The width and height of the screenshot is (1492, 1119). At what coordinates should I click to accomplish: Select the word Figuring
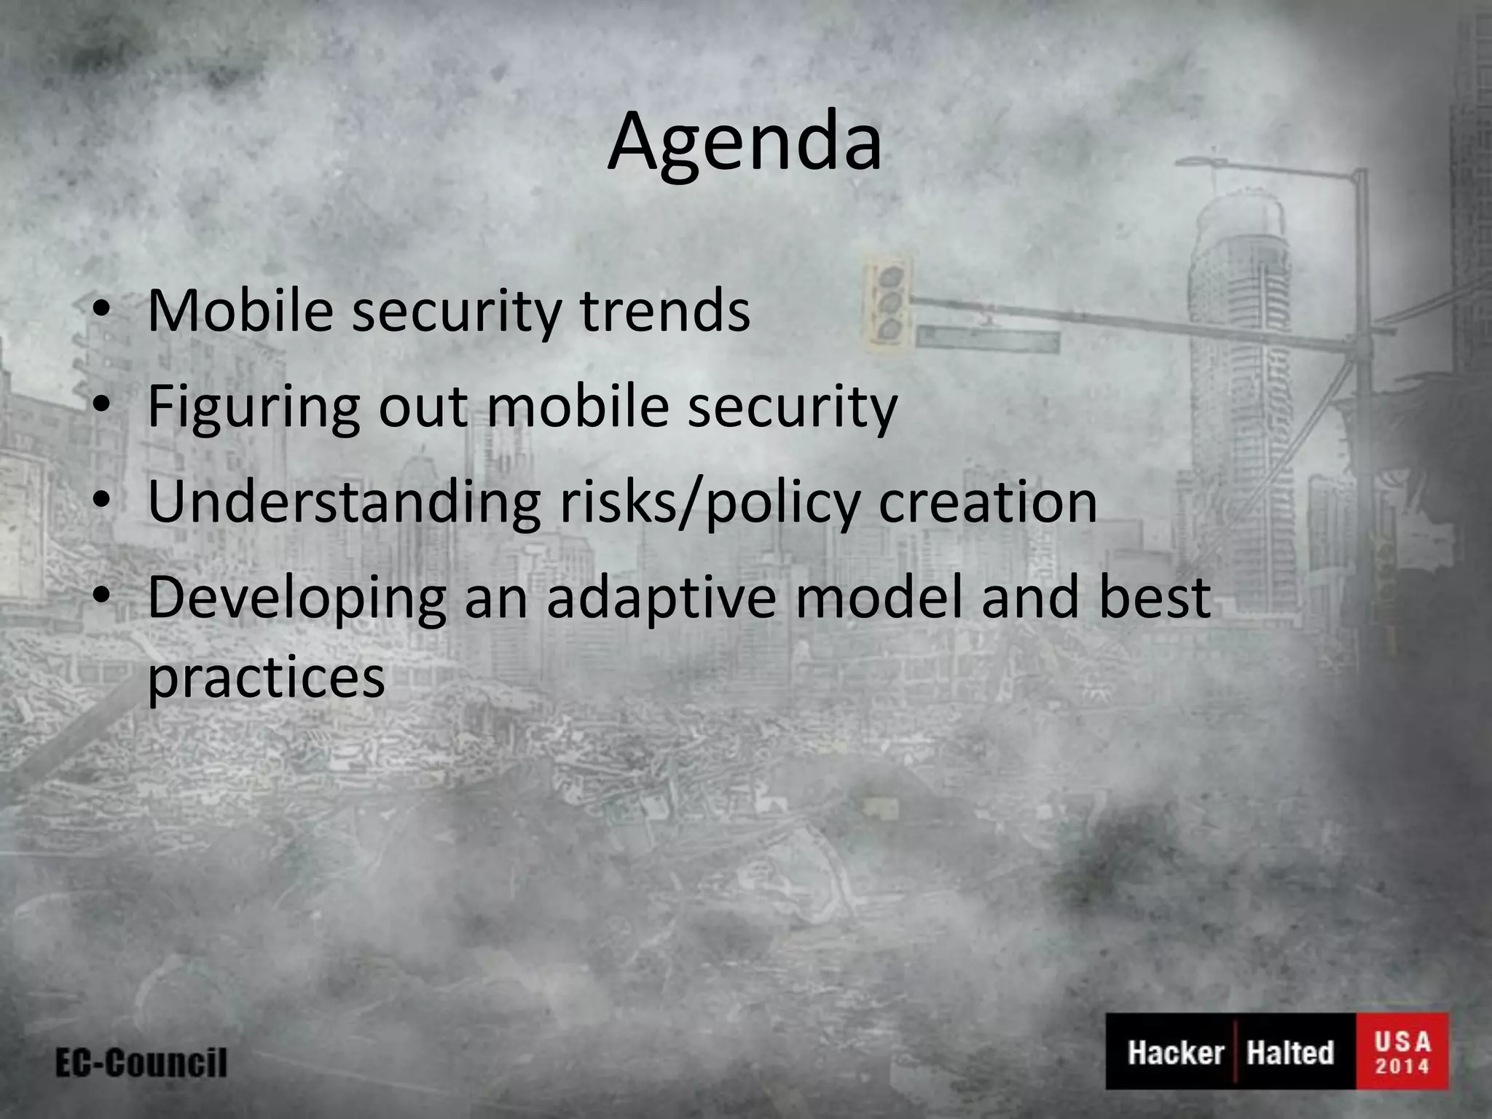[253, 407]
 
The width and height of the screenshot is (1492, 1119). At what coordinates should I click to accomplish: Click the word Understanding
[343, 503]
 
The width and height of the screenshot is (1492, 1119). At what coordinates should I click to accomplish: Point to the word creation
[987, 503]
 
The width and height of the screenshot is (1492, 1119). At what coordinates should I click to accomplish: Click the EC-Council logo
[141, 1063]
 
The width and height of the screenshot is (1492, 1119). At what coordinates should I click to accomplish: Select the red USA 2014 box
[1402, 1051]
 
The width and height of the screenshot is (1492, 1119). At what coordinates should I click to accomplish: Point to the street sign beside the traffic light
[987, 340]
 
